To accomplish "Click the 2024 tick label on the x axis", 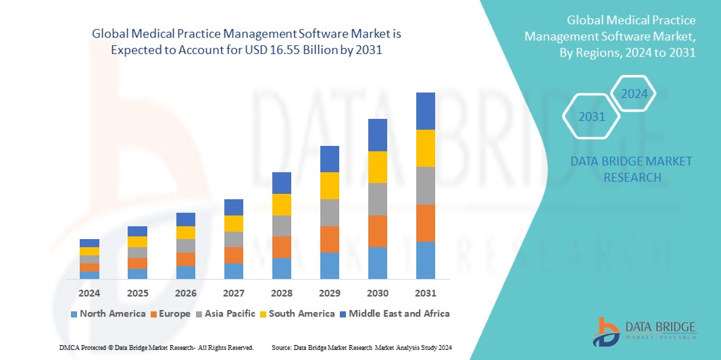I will (89, 293).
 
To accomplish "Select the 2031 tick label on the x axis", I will (426, 293).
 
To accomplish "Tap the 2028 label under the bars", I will (282, 293).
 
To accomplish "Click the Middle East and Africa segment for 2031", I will (426, 111).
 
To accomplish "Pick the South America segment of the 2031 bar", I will (426, 148).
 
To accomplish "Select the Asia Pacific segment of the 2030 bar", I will (378, 199).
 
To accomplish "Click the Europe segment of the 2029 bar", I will (330, 239).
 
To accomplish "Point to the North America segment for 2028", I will (282, 268).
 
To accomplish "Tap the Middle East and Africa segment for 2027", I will (234, 207).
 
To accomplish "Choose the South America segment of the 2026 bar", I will (186, 232).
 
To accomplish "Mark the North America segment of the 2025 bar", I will (137, 274).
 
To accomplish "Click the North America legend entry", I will (107, 313).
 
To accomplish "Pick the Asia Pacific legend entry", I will (226, 313).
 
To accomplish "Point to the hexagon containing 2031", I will (592, 117).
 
